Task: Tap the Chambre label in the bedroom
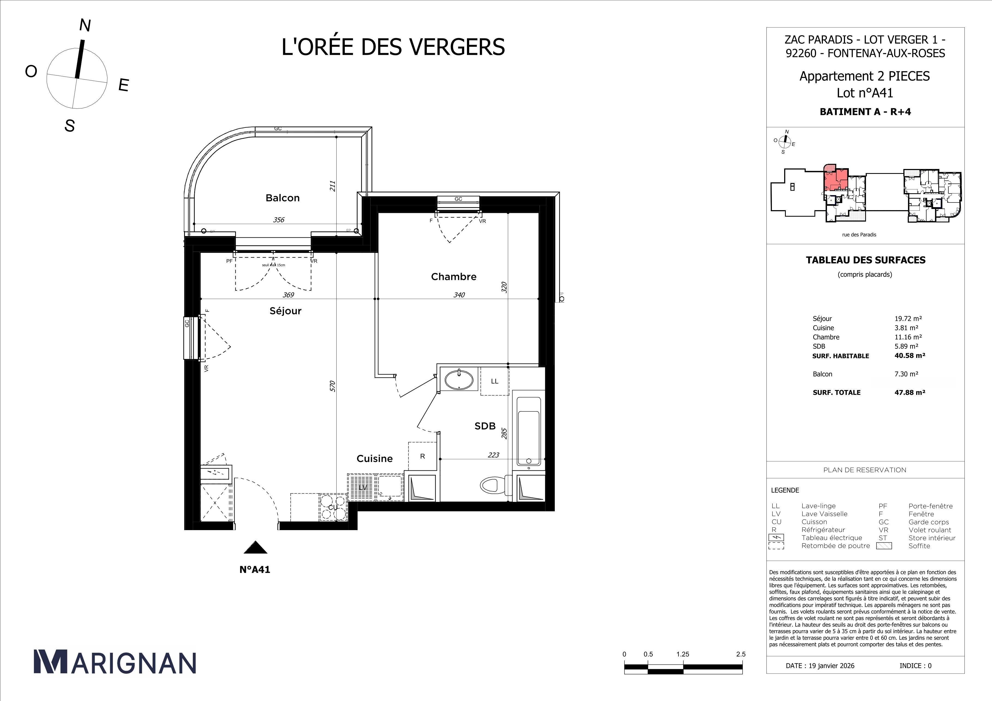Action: [x=453, y=277]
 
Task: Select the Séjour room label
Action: [x=285, y=311]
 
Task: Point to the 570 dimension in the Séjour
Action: [x=332, y=386]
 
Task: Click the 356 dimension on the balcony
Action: [x=279, y=220]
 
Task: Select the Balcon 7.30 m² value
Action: [x=906, y=374]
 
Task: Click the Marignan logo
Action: [x=115, y=662]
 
